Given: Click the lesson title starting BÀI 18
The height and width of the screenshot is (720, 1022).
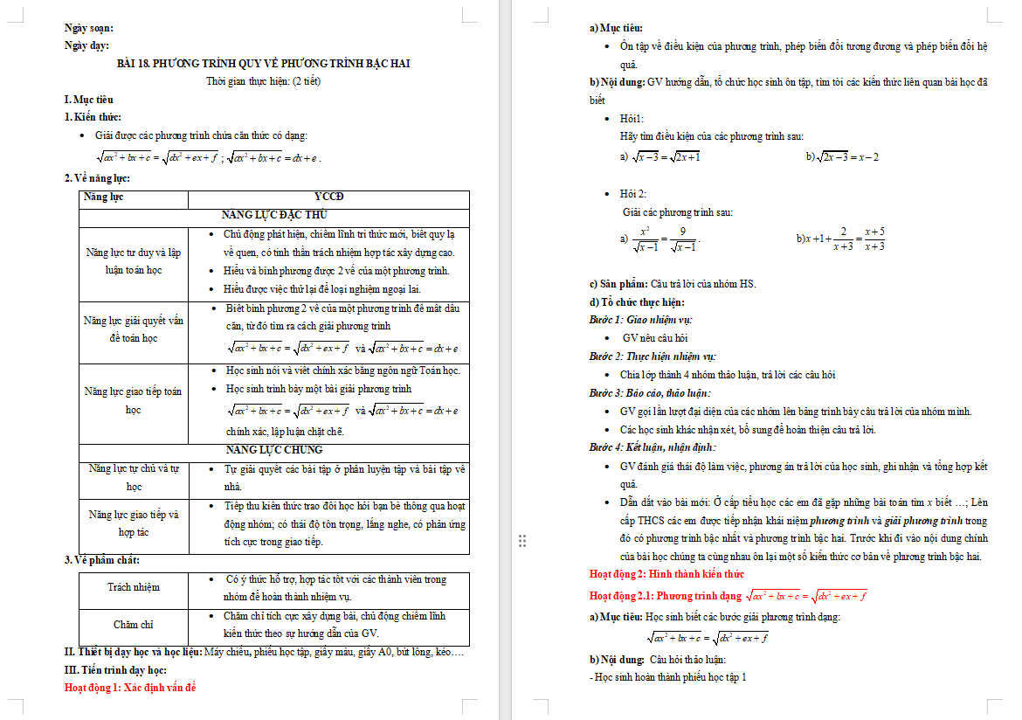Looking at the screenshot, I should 264,63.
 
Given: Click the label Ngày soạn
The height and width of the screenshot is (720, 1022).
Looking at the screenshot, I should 88,28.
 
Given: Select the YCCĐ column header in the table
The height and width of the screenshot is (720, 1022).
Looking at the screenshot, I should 328,197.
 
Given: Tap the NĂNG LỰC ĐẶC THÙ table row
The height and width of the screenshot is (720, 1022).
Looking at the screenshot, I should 274,215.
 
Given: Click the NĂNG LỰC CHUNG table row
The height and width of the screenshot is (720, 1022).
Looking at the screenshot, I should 274,450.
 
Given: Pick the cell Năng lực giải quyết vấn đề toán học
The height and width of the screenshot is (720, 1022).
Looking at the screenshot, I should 133,329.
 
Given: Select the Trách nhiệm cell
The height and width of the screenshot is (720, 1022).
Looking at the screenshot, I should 134,587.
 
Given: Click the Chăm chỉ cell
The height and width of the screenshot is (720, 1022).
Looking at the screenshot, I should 134,625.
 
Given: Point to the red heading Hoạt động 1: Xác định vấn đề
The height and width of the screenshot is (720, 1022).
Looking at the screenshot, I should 130,688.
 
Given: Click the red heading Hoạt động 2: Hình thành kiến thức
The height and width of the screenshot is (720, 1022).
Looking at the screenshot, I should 666,574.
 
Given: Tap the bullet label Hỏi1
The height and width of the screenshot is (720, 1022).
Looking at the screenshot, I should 632,118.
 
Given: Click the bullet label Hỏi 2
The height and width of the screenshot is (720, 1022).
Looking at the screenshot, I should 633,193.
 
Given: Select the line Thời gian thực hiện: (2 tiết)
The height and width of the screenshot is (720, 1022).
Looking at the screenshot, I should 264,81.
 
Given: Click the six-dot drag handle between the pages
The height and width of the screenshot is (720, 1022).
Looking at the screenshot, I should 522,541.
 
